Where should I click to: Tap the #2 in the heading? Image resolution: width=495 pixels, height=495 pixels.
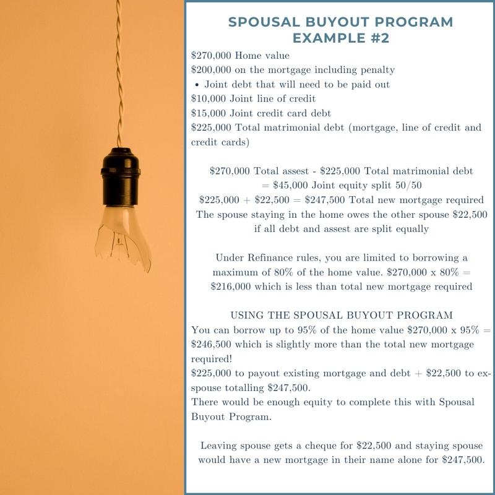click(377, 38)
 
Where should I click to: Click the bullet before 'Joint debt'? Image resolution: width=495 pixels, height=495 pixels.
click(196, 84)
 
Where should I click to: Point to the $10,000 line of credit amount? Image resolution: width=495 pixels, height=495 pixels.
click(209, 98)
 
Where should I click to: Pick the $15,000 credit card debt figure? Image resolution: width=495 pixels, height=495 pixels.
click(209, 113)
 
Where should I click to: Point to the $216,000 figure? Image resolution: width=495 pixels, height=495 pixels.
click(230, 286)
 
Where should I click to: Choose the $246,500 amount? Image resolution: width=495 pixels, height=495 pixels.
click(212, 344)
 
